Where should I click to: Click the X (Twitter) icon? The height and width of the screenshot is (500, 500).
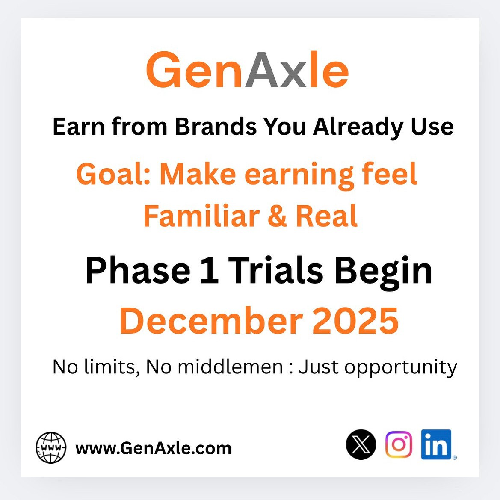pyautogui.click(x=361, y=445)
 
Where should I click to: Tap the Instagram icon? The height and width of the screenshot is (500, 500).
pyautogui.click(x=399, y=444)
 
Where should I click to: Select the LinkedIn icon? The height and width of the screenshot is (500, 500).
pyautogui.click(x=436, y=444)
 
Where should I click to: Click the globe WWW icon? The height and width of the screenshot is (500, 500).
pyautogui.click(x=51, y=448)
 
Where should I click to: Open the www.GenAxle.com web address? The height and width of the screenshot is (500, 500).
pyautogui.click(x=153, y=448)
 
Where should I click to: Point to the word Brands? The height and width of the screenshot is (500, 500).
pyautogui.click(x=216, y=127)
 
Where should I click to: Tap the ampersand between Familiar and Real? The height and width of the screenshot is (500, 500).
pyautogui.click(x=277, y=216)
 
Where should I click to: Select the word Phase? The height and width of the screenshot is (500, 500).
pyautogui.click(x=138, y=271)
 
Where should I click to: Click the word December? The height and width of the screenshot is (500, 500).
pyautogui.click(x=211, y=321)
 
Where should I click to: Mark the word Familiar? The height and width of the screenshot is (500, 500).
pyautogui.click(x=201, y=216)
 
